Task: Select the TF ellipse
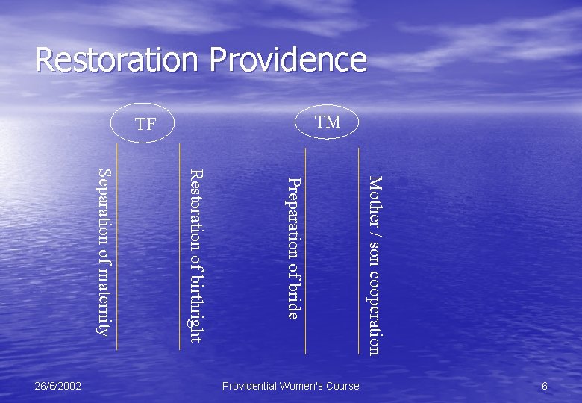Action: [x=145, y=124]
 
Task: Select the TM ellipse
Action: [x=328, y=122]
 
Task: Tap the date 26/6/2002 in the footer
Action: [x=58, y=386]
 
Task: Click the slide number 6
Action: [x=545, y=386]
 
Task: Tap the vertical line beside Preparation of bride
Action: [x=306, y=246]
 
